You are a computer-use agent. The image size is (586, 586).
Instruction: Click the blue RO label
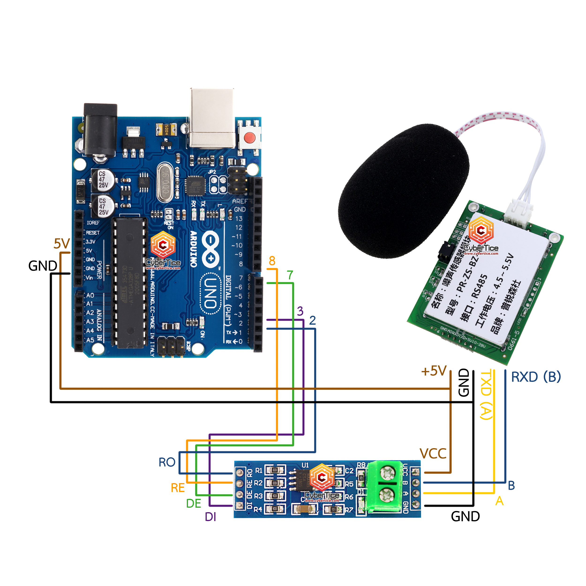167,462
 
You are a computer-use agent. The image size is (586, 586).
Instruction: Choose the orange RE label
178,488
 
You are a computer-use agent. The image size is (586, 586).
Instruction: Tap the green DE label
194,503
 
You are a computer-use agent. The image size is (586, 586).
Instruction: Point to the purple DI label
210,517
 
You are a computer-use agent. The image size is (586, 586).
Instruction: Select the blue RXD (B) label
536,377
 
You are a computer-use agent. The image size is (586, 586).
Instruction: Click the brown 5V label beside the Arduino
62,244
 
